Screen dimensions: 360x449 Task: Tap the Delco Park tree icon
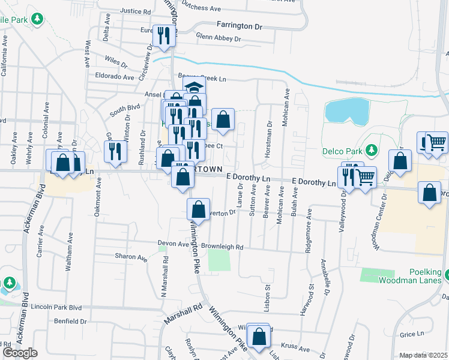point(372,149)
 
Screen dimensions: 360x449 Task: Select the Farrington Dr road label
point(240,26)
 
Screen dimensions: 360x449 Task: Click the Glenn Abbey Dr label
point(218,38)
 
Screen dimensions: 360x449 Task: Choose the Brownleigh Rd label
point(222,247)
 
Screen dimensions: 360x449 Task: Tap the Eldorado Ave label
point(115,77)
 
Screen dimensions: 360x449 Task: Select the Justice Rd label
point(136,11)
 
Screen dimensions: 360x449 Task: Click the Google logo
point(20,353)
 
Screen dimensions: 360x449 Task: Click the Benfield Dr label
point(70,321)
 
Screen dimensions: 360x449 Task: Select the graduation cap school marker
point(194,88)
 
